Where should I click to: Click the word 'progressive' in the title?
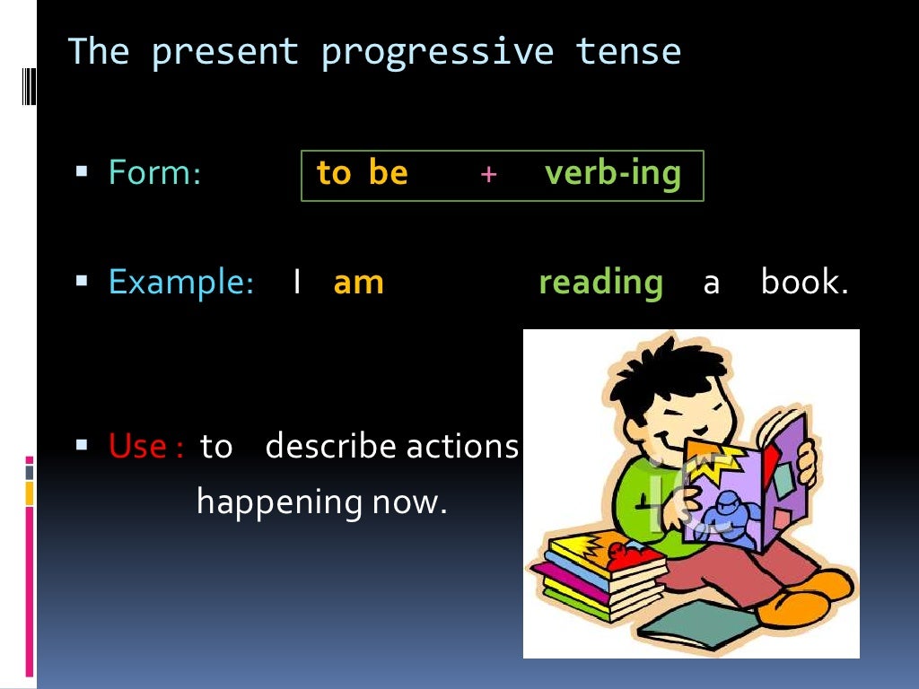click(437, 52)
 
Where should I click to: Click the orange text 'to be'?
click(362, 172)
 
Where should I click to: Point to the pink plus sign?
click(487, 174)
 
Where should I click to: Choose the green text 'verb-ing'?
click(612, 173)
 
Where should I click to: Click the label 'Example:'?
click(181, 283)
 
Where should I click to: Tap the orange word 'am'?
click(358, 283)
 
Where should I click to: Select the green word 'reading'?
click(600, 283)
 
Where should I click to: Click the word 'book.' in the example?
click(804, 283)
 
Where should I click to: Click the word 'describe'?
click(331, 445)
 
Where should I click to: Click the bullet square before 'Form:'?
click(82, 170)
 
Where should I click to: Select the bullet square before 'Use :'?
click(82, 443)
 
